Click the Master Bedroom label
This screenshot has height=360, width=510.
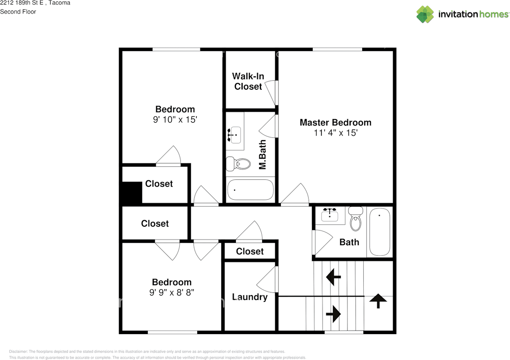335,122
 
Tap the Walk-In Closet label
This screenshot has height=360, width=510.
248,81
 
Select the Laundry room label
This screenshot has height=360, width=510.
250,297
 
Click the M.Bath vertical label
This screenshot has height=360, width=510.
263,154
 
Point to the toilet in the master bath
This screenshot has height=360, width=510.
238,163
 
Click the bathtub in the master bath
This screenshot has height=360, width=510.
251,190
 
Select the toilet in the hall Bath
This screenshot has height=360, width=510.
356,218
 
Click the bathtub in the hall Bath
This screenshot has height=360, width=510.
380,232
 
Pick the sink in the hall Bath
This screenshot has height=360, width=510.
330,214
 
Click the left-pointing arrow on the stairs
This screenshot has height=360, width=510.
333,277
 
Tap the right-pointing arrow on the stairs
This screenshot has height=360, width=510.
333,314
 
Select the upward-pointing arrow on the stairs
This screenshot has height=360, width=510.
378,301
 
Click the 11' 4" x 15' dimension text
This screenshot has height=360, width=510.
335,133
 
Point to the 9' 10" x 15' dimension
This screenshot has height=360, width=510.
175,120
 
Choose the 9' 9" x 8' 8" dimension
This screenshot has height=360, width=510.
172,292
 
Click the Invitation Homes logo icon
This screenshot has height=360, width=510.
425,14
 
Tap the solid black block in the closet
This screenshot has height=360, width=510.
132,192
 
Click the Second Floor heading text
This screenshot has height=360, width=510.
18,12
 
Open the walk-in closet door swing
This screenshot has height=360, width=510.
270,92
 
